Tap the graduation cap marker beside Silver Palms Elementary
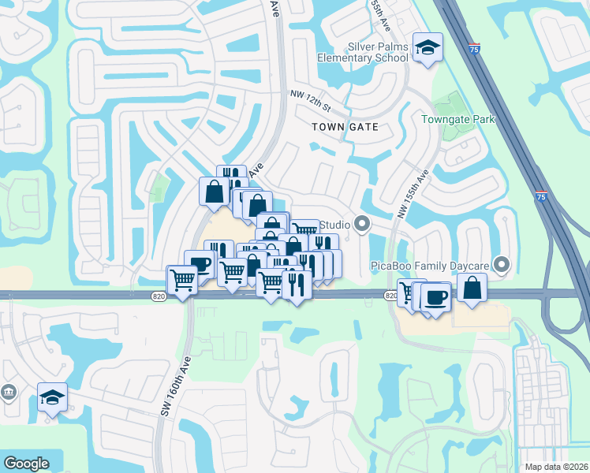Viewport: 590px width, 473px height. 428,50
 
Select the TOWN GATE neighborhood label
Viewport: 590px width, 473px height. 345,126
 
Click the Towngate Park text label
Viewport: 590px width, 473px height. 457,119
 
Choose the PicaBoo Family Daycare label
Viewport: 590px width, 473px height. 430,266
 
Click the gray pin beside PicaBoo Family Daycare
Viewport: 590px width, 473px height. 500,263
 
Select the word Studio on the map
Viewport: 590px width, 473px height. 334,225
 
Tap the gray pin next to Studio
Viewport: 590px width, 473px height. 362,225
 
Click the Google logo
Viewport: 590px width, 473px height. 26,464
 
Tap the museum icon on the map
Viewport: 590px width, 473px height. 9,392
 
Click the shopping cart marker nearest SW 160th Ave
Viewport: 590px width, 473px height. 182,279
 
